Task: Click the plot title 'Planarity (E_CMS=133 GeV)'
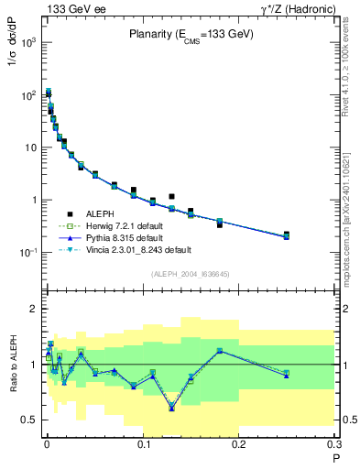tap(191, 35)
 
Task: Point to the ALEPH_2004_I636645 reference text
tap(191, 274)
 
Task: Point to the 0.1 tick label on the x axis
tap(142, 446)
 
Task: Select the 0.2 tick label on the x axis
tap(238, 446)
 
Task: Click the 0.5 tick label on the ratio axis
tap(28, 420)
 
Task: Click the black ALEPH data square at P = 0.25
tap(287, 234)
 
